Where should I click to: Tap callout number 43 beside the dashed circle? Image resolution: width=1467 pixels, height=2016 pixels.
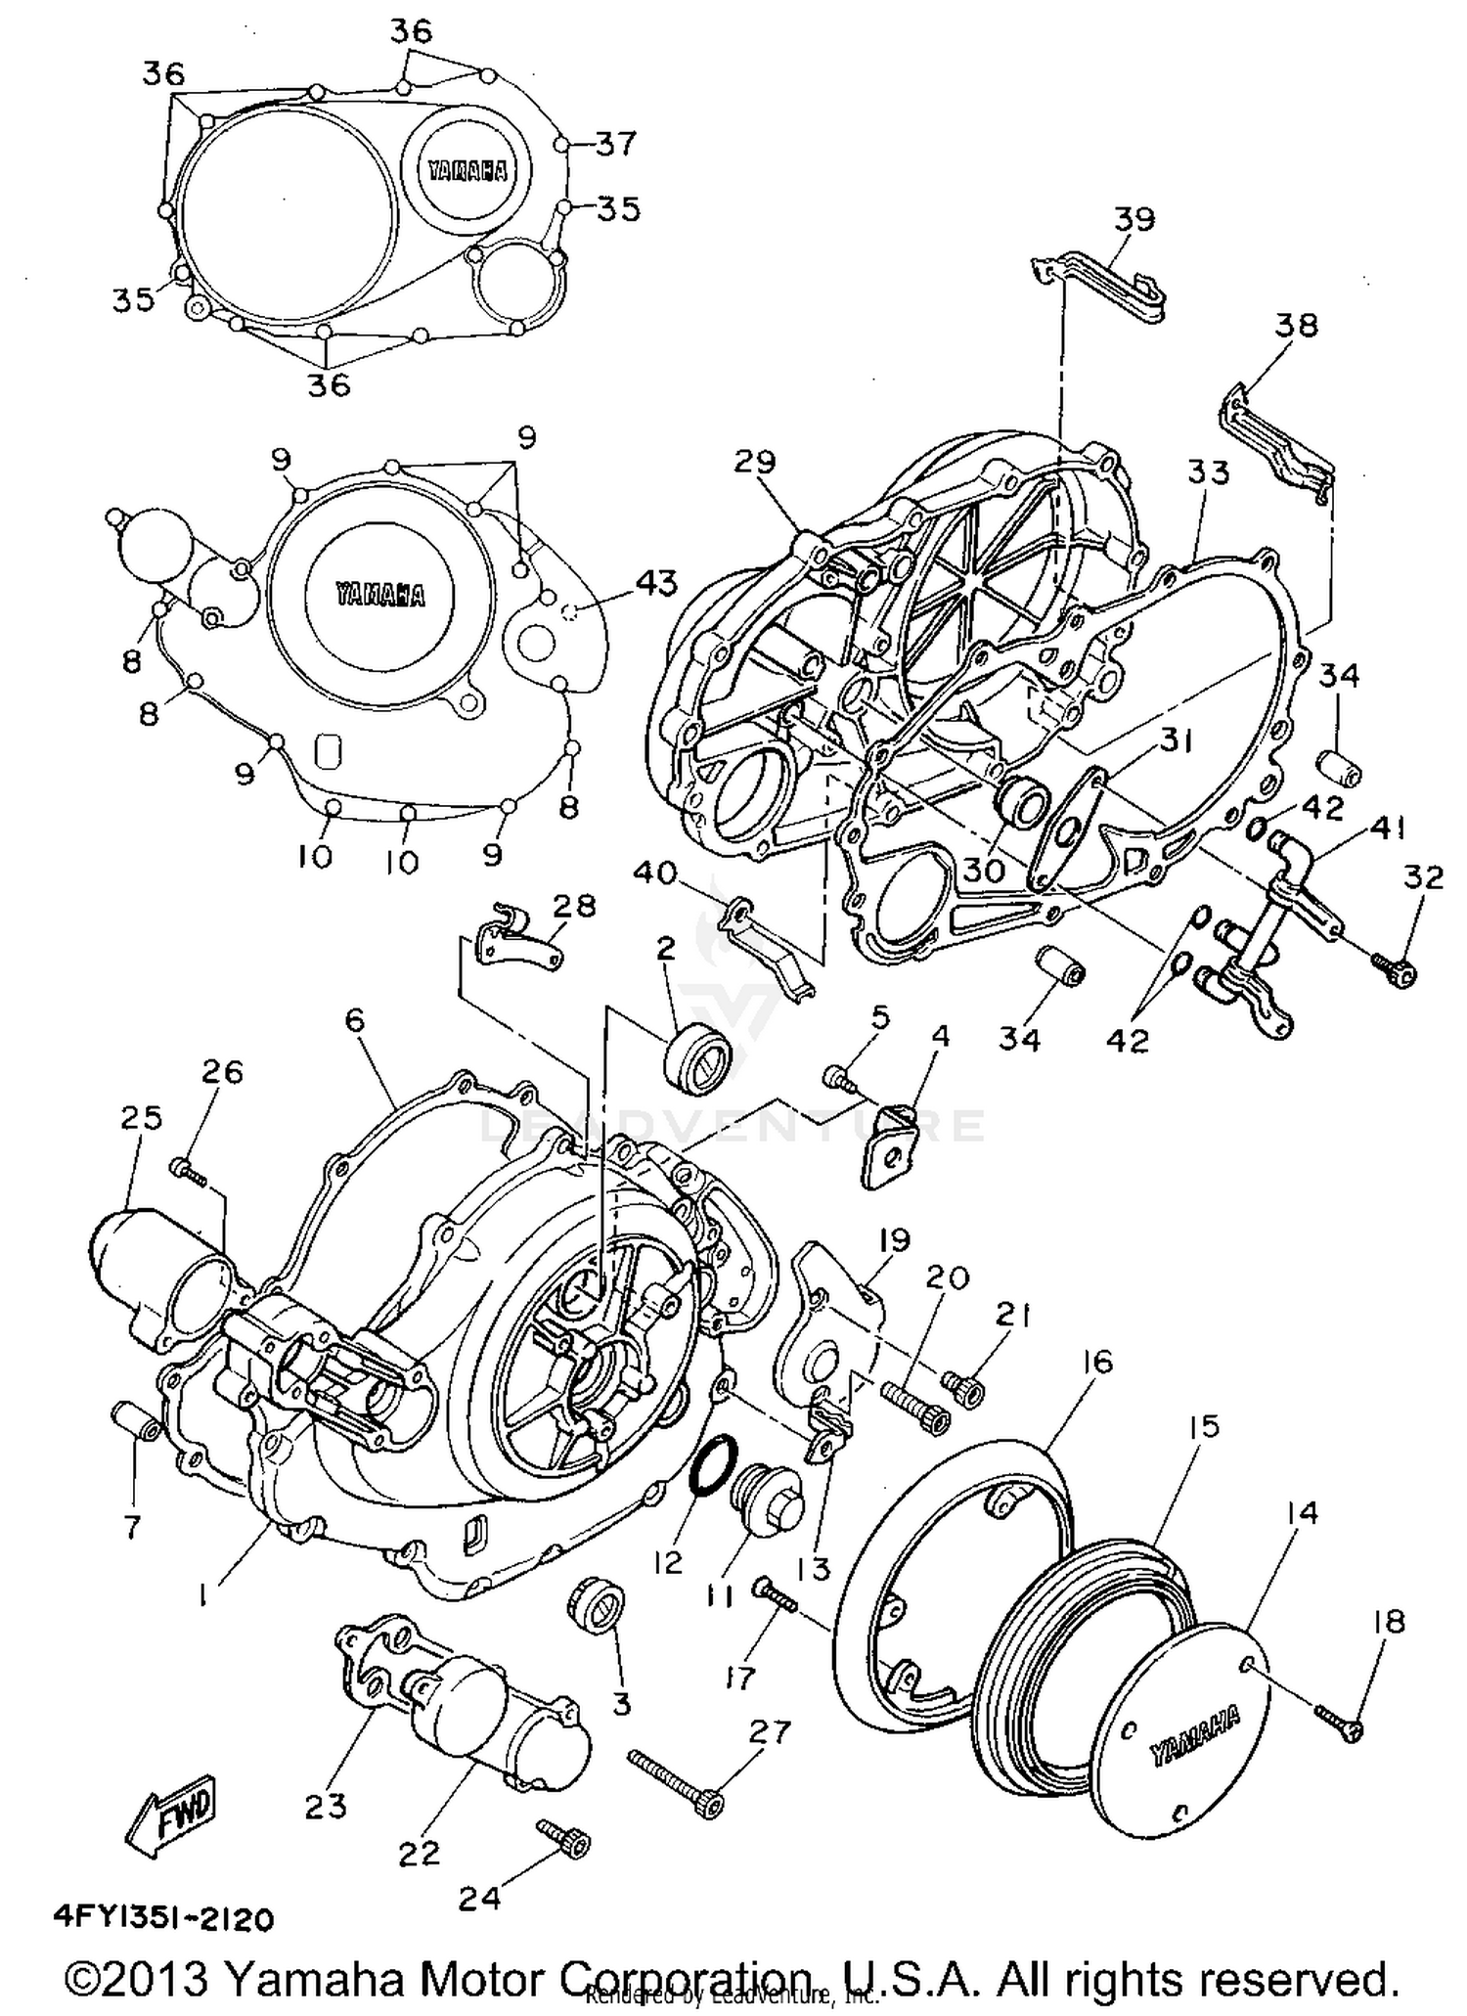click(655, 584)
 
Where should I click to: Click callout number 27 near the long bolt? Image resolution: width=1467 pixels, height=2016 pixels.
click(769, 1733)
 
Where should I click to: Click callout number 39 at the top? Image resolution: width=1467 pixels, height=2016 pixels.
click(1134, 219)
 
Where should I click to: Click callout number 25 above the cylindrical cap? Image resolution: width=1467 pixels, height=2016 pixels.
click(141, 1118)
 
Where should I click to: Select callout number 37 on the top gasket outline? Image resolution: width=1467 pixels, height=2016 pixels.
click(616, 144)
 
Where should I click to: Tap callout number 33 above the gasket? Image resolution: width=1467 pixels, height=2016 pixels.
click(1208, 472)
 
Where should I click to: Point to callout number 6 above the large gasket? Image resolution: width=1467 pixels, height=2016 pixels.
click(354, 1020)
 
